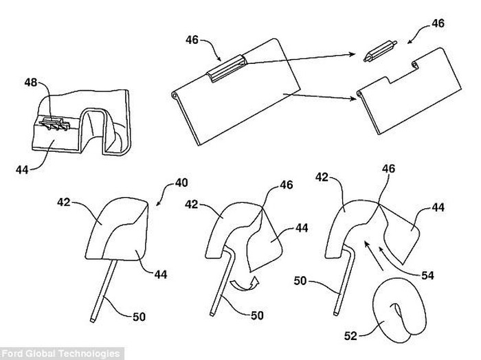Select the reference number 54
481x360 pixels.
tap(427, 275)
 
